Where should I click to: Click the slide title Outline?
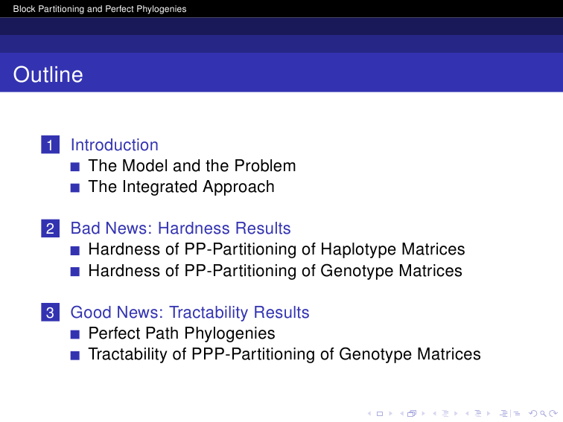point(48,74)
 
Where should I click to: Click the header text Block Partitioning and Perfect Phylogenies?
point(100,9)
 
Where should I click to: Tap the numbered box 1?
point(51,144)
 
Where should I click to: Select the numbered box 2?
point(51,228)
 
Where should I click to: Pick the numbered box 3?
point(51,312)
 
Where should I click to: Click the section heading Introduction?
point(115,145)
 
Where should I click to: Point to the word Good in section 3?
point(91,312)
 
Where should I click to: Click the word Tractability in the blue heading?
point(209,312)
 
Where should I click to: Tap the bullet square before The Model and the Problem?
point(75,167)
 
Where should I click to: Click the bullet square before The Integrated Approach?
point(75,188)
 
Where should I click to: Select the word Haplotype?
point(358,250)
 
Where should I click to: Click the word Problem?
point(265,166)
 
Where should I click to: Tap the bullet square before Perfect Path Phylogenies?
point(75,334)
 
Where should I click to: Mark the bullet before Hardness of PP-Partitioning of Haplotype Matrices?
point(75,251)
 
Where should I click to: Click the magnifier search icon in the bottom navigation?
point(543,414)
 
